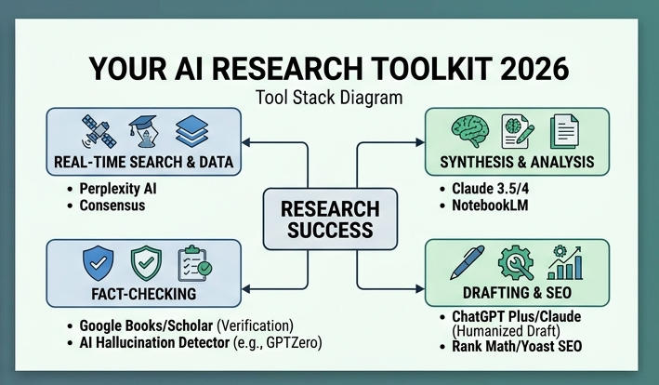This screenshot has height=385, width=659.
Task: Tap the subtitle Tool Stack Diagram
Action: click(329, 98)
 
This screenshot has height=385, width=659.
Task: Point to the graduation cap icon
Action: click(144, 130)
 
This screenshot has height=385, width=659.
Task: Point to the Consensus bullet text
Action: click(112, 205)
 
